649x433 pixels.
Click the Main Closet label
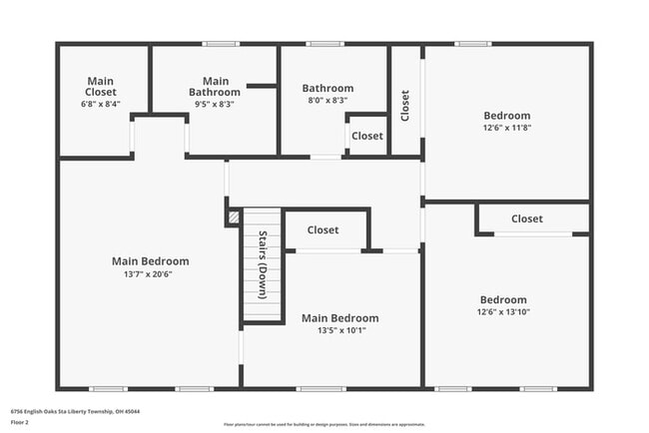[101, 86]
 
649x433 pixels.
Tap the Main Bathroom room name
[215, 87]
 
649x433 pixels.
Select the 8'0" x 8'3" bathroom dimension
[327, 101]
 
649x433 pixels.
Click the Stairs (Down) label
[263, 265]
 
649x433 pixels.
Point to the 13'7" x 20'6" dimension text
[150, 274]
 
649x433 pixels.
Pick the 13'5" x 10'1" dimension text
[339, 331]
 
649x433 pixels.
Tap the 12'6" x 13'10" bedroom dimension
[503, 312]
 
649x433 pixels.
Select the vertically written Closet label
[404, 106]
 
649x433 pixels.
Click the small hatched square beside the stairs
[234, 216]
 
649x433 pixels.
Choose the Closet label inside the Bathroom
[366, 136]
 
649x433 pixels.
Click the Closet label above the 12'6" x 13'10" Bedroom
[526, 218]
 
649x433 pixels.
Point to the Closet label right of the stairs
[323, 229]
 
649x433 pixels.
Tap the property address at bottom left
[75, 411]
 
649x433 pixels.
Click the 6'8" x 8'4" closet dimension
[100, 104]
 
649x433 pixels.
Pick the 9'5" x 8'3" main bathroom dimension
[215, 104]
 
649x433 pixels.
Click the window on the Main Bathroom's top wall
[220, 44]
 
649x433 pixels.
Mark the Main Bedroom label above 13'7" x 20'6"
[150, 261]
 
